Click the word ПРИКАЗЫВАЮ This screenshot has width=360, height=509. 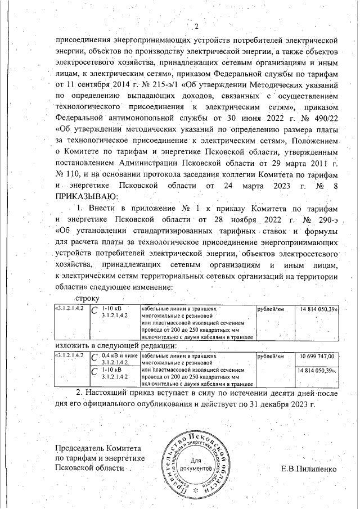point(86,195)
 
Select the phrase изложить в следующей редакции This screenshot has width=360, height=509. point(116,345)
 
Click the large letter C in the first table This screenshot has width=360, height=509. point(94,311)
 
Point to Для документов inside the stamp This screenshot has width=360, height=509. point(196,464)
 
